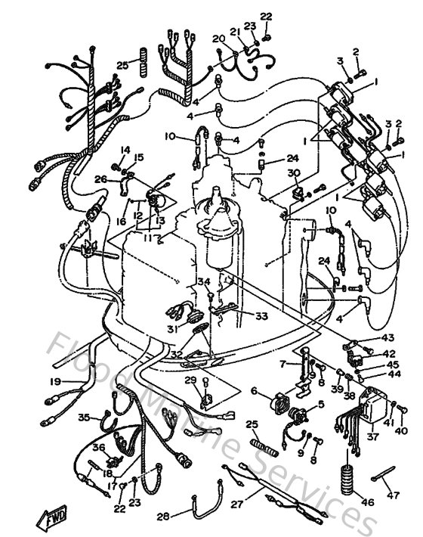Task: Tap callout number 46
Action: [x=347, y=501]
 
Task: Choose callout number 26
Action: [x=100, y=179]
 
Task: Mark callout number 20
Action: [x=218, y=39]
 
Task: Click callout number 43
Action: [x=387, y=337]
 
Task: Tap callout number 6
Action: [x=255, y=391]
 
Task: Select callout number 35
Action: [x=84, y=417]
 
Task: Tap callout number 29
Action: [x=191, y=380]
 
